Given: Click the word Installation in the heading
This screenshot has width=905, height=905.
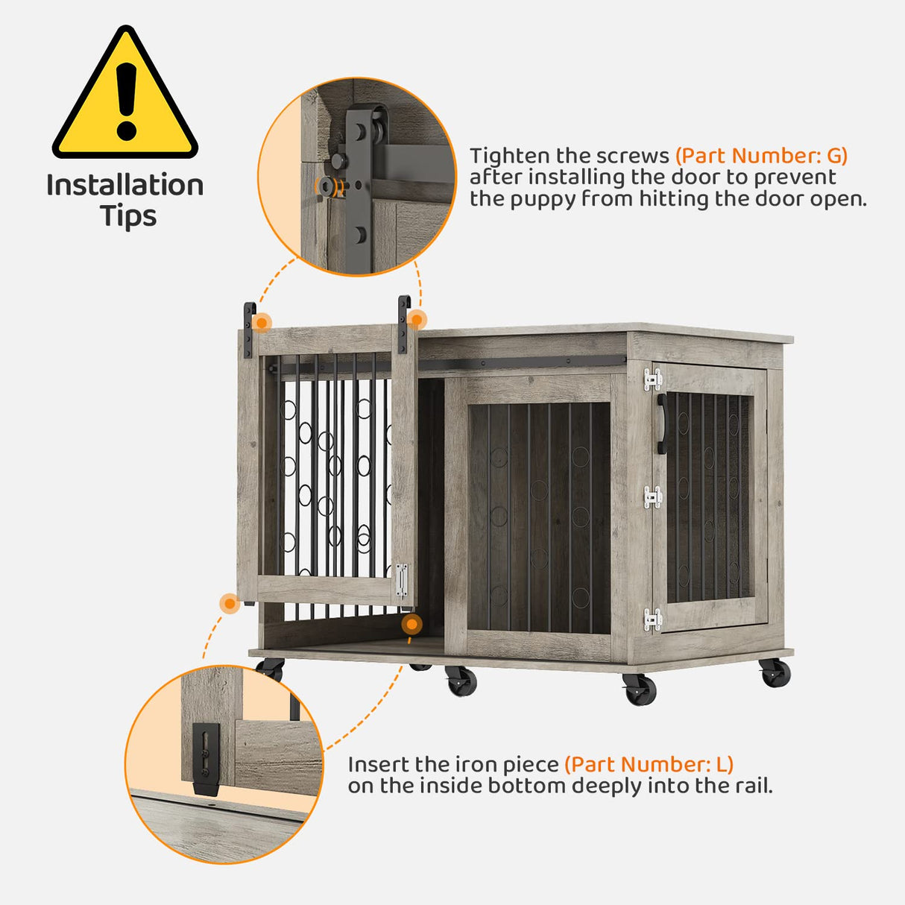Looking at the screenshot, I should tap(124, 185).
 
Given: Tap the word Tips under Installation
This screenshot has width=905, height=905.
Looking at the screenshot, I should tap(128, 215).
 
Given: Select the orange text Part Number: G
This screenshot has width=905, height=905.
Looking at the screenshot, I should tap(761, 155).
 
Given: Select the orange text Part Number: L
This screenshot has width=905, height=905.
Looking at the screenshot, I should tap(649, 764).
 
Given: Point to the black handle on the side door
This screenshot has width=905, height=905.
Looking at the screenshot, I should tap(661, 424).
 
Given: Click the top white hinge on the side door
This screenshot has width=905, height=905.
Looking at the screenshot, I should tap(653, 379).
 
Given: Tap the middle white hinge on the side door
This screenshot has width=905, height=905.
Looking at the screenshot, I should tap(653, 497).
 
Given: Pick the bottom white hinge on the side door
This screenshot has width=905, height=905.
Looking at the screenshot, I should tap(653, 619).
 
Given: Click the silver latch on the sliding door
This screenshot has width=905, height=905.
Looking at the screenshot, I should tap(401, 580).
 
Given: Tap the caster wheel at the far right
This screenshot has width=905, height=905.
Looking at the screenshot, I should tap(775, 672).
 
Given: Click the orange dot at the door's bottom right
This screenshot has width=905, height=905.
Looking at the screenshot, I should tap(411, 624).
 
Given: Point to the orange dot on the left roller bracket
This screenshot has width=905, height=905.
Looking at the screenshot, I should tap(262, 322).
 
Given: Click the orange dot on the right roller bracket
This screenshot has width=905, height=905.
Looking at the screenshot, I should tap(417, 320).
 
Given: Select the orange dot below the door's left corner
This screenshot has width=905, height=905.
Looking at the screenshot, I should tap(230, 603).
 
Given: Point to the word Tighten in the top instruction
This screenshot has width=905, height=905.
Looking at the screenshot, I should tap(510, 155).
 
